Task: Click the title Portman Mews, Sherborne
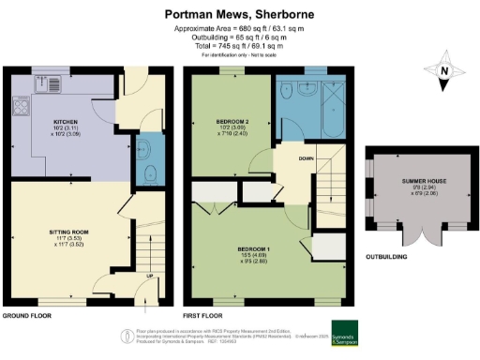239,14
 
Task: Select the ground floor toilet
150,171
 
